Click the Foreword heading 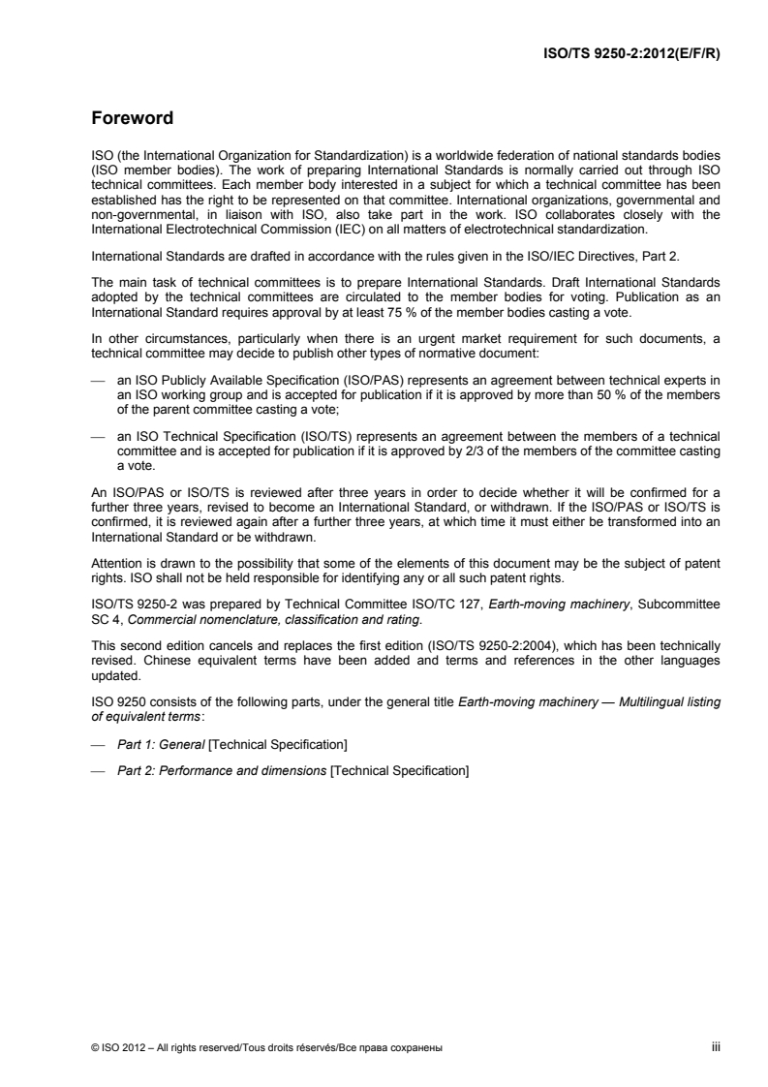pos(133,120)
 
